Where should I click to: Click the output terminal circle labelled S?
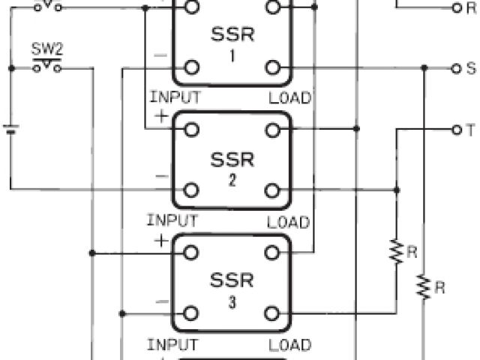[454, 67]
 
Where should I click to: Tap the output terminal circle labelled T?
[454, 129]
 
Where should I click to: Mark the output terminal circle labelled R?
[454, 8]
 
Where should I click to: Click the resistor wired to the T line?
[396, 251]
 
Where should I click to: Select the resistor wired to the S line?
[424, 286]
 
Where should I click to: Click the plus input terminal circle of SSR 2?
[192, 129]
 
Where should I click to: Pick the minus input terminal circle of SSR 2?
[192, 189]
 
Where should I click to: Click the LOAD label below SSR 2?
[289, 222]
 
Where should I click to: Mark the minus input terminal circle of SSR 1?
[192, 67]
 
